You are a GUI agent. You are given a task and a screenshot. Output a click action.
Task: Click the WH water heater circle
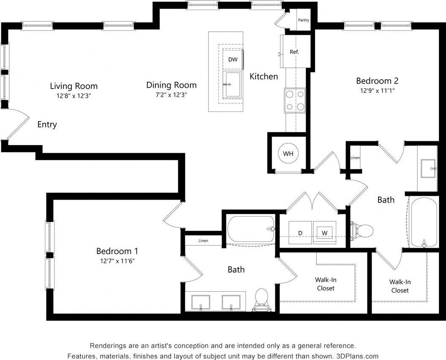pyautogui.click(x=288, y=154)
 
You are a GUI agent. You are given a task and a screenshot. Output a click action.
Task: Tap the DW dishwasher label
pyautogui.click(x=233, y=60)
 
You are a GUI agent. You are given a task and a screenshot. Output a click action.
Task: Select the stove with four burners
pyautogui.click(x=295, y=100)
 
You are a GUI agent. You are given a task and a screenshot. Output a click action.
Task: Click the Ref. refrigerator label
pyautogui.click(x=294, y=52)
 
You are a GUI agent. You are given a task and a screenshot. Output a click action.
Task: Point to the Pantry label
pyautogui.click(x=303, y=20)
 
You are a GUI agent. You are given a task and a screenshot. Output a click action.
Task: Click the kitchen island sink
pyautogui.click(x=231, y=84)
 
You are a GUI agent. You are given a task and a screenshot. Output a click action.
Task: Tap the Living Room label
pyautogui.click(x=73, y=86)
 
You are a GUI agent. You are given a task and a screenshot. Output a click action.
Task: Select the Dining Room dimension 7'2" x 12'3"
pyautogui.click(x=171, y=95)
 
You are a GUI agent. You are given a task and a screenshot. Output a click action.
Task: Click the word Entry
pyautogui.click(x=47, y=125)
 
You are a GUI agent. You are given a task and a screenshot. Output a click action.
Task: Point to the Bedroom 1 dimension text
pyautogui.click(x=117, y=261)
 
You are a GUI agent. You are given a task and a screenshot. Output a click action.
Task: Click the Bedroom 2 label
pyautogui.click(x=377, y=81)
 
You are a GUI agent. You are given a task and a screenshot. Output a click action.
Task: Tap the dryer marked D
pyautogui.click(x=300, y=233)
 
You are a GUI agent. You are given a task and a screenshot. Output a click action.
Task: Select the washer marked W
pyautogui.click(x=325, y=233)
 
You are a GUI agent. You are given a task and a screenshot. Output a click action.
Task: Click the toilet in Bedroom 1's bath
pyautogui.click(x=262, y=298)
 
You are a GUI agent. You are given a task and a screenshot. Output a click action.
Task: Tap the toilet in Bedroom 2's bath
pyautogui.click(x=362, y=231)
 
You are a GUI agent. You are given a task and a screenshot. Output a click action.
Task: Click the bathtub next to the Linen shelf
pyautogui.click(x=251, y=229)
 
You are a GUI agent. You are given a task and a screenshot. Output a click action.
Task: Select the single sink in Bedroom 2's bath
pyautogui.click(x=428, y=168)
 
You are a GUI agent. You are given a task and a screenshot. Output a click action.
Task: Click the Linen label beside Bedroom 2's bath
pyautogui.click(x=355, y=158)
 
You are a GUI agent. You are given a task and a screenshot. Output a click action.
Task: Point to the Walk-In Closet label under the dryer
pyautogui.click(x=325, y=284)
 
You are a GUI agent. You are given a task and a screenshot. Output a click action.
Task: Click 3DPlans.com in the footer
pyautogui.click(x=357, y=356)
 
